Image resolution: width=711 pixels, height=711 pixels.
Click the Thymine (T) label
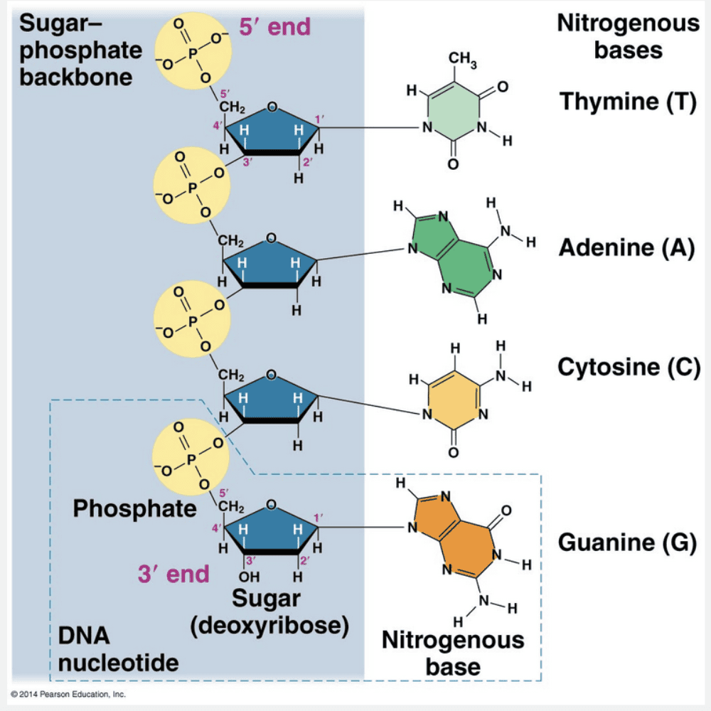626,101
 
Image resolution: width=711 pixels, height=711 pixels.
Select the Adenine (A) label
626,247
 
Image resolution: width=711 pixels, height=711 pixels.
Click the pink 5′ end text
275,27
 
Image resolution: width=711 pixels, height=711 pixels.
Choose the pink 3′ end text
173,574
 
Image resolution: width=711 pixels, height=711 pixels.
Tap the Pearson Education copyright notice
68,693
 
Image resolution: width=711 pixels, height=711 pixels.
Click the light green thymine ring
454,117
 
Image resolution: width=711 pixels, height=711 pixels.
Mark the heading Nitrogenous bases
628,37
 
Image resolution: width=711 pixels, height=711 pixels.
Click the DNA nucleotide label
118,649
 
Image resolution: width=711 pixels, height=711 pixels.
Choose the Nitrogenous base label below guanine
453,653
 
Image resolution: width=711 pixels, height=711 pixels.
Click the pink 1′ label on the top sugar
319,118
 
